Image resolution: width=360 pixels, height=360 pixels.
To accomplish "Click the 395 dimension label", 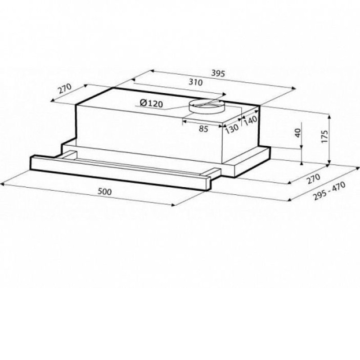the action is tap(218, 73).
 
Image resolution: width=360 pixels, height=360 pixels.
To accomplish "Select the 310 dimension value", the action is tap(195, 82).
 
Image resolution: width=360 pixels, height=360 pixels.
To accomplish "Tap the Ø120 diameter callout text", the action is tap(151, 103).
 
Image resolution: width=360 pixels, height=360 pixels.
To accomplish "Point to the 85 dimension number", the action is tap(203, 129).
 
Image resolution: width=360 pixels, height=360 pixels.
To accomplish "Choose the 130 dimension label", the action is tap(232, 129).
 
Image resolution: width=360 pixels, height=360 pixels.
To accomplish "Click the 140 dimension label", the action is tap(250, 120).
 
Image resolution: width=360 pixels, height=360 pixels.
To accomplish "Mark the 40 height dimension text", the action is tap(297, 133).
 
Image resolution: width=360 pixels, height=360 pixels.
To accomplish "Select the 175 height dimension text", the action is tap(324, 137).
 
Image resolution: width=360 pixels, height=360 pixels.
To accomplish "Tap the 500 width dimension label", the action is tap(105, 191).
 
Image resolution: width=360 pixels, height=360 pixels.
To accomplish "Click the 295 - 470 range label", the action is tap(329, 191).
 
